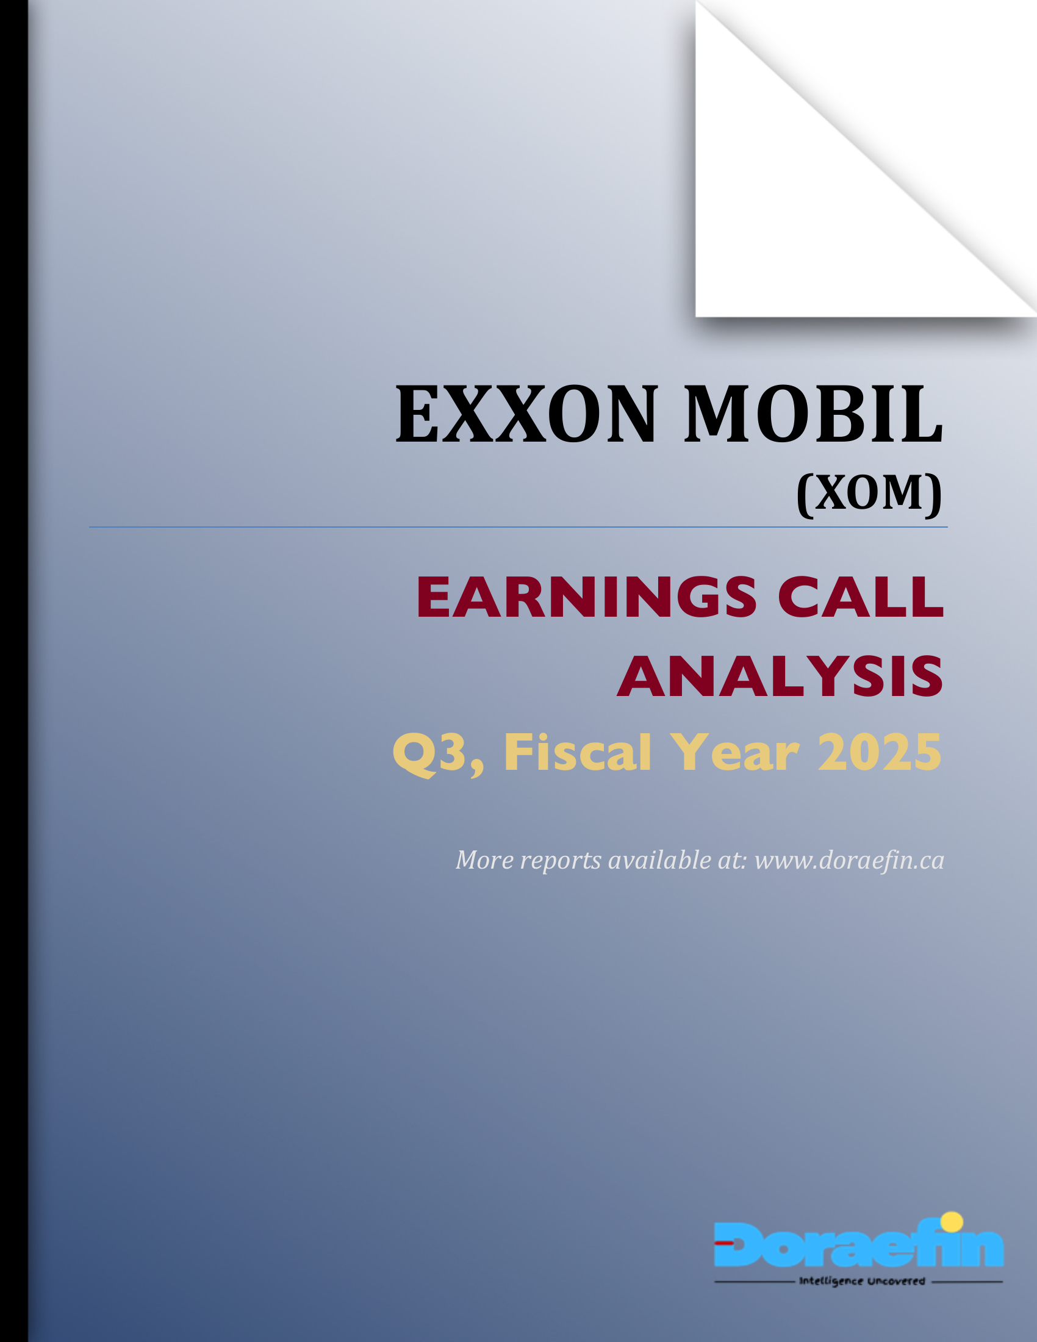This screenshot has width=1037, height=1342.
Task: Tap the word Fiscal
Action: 577,752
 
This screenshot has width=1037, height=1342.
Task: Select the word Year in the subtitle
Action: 735,752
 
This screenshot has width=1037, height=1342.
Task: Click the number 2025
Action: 879,752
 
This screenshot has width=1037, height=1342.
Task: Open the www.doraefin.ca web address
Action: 849,860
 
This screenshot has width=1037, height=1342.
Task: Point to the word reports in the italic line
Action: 560,861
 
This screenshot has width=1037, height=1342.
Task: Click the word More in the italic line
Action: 485,860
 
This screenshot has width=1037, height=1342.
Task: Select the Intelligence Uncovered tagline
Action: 861,1282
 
